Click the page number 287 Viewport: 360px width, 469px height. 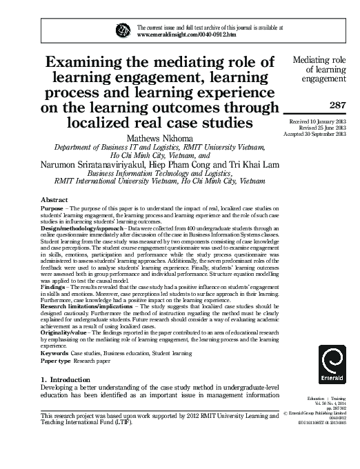(x=337, y=106)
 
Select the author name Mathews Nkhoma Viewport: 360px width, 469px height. (x=161, y=137)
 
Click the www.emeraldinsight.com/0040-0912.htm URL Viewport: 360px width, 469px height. (x=187, y=33)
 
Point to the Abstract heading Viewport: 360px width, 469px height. (x=55, y=198)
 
